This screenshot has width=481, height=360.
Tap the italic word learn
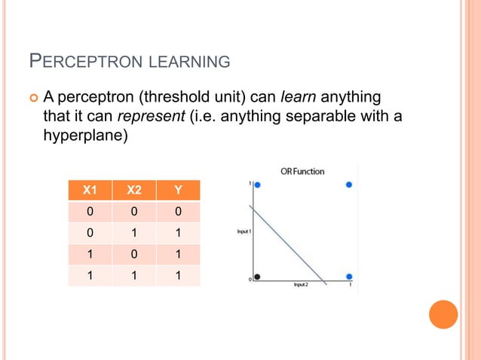(x=295, y=97)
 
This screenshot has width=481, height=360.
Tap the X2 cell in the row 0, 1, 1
(x=133, y=233)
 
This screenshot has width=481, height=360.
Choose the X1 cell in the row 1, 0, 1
(x=90, y=254)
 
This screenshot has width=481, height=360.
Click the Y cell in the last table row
(x=178, y=275)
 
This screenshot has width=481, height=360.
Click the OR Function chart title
(x=302, y=171)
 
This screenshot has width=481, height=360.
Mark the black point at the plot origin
(x=257, y=276)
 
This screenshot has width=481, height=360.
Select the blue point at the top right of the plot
(x=348, y=185)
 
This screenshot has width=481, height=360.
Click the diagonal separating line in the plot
(x=290, y=245)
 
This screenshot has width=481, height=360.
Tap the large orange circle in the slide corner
(x=443, y=315)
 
